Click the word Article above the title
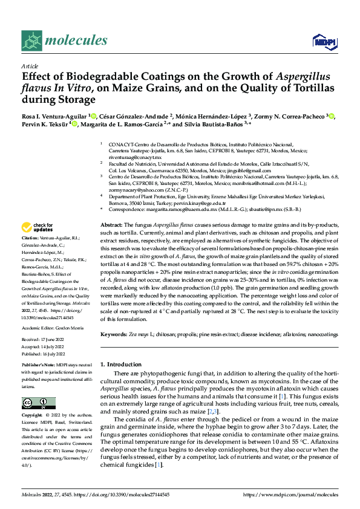pos(29,66)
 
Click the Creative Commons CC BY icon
pos(39,402)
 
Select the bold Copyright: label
pos(34,416)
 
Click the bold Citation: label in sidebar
pos(32,256)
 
